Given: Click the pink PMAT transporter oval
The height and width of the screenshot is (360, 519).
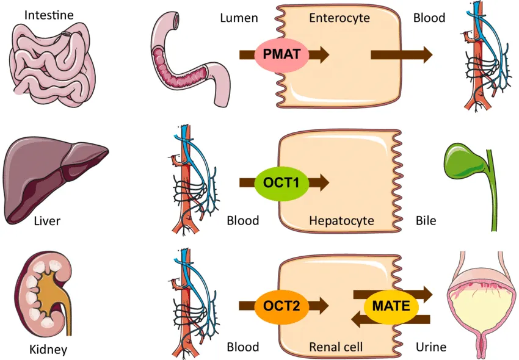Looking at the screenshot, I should (281, 54).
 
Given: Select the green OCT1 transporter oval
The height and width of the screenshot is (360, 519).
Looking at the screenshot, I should (281, 182).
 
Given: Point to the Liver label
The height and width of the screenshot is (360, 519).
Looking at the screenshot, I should (47, 220).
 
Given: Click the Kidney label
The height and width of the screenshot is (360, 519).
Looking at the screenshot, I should (48, 350).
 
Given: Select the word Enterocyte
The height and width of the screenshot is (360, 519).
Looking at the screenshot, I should (339, 18).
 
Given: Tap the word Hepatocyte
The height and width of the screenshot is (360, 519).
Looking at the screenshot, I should (341, 220).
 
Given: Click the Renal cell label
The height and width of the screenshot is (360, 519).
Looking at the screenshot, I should (336, 347).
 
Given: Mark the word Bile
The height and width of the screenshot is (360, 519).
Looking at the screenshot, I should (426, 220).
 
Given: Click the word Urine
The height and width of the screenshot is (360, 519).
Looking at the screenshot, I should (430, 347).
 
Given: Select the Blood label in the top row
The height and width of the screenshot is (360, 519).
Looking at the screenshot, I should (429, 18).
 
